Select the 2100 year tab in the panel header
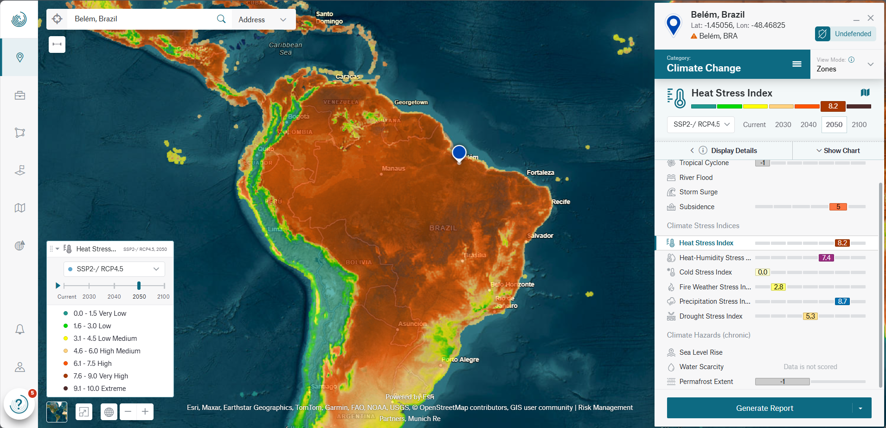(x=859, y=125)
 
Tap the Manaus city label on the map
(x=393, y=168)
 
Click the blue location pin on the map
(x=459, y=153)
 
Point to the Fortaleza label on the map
(x=540, y=172)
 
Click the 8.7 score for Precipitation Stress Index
(x=842, y=301)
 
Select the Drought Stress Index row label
(x=711, y=316)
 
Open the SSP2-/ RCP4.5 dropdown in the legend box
(x=114, y=269)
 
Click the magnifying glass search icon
(x=221, y=19)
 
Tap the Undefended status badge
(x=846, y=34)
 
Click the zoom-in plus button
(x=145, y=411)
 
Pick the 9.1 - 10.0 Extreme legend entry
(x=99, y=389)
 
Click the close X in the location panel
(x=871, y=18)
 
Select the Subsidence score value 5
(x=838, y=207)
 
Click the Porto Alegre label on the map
(x=460, y=359)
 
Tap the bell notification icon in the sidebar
(x=20, y=329)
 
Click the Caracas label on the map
(x=347, y=77)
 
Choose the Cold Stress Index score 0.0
(x=763, y=272)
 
